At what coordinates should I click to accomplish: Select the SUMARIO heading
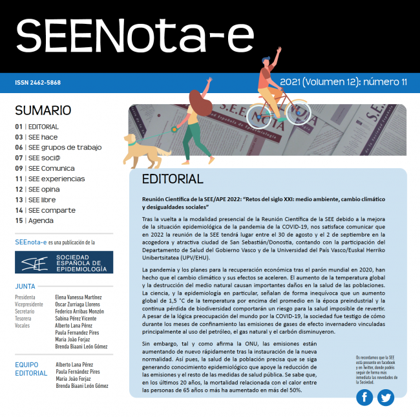click(x=43, y=111)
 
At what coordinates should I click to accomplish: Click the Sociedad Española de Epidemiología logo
click(x=63, y=262)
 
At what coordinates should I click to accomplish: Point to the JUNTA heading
click(x=26, y=286)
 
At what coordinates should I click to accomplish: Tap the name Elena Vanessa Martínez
click(x=83, y=297)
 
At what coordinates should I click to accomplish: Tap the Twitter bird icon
click(x=386, y=398)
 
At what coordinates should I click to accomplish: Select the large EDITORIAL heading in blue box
click(x=173, y=179)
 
